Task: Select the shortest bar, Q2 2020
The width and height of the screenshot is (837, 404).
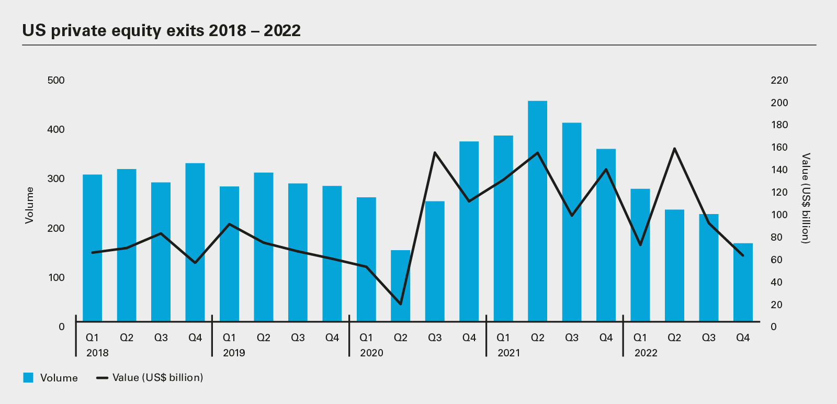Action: point(400,286)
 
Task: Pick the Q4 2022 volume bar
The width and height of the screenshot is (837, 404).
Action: point(743,282)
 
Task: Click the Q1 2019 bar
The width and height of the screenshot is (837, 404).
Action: point(229,254)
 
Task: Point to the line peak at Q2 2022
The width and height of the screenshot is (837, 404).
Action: point(674,149)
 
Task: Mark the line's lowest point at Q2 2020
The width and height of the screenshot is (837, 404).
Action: point(400,304)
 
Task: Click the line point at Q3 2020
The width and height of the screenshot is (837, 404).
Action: point(435,153)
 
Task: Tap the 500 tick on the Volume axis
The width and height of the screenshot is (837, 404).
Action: point(56,81)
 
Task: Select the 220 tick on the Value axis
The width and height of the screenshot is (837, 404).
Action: point(779,81)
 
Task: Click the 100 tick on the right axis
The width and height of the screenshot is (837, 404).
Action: point(779,215)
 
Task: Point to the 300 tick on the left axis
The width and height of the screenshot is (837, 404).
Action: point(56,179)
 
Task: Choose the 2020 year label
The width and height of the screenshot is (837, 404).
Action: point(371,353)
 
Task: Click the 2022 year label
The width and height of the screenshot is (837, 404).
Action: point(646,353)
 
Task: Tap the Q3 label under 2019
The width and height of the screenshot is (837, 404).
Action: point(298,338)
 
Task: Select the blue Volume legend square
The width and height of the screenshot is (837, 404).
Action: point(28,378)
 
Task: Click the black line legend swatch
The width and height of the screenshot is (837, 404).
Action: point(103,378)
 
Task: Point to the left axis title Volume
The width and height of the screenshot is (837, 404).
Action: point(29,205)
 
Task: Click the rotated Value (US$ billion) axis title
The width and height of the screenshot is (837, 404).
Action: point(806,198)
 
